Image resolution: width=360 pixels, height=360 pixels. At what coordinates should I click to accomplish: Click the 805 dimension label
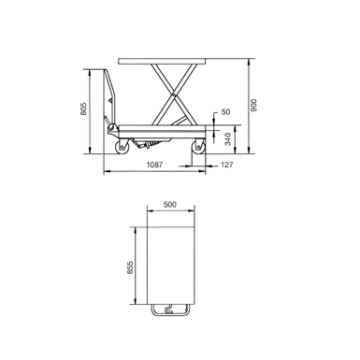click(x=83, y=108)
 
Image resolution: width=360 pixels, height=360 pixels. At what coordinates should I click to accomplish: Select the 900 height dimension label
click(x=253, y=106)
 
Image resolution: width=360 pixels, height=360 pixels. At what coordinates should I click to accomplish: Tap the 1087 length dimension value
click(x=154, y=165)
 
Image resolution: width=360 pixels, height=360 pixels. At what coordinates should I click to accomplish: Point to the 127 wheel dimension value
click(x=226, y=165)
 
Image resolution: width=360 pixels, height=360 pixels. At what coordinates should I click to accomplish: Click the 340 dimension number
click(x=228, y=139)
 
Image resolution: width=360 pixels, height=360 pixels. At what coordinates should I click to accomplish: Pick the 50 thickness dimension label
click(x=225, y=111)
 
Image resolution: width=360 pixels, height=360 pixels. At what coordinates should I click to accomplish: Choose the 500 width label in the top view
click(x=170, y=205)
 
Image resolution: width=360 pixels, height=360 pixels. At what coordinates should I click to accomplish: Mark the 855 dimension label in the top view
click(x=130, y=267)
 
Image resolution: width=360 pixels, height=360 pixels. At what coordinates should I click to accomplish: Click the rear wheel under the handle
click(x=122, y=147)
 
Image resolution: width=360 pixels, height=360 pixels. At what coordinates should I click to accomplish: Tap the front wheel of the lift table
click(x=198, y=147)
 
